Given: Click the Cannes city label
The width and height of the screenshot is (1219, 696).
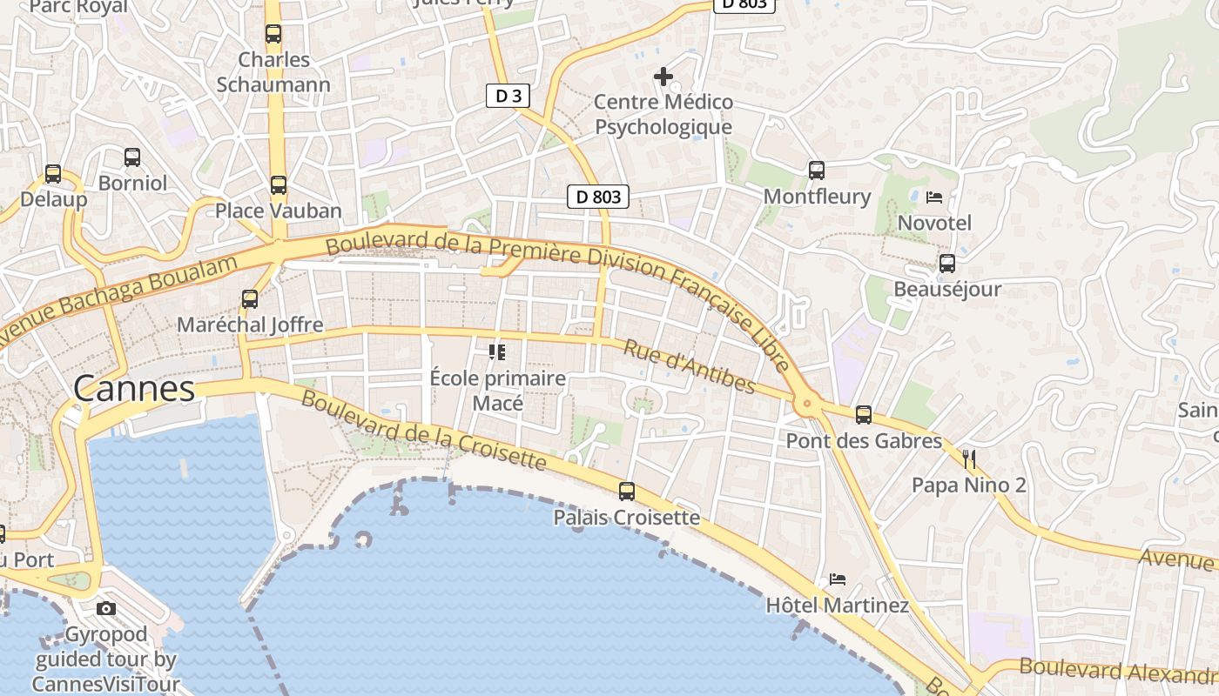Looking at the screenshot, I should (134, 388).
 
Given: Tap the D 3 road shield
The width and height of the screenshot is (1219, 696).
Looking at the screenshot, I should (508, 96).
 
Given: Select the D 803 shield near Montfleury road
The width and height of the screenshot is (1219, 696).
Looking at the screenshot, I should (599, 197).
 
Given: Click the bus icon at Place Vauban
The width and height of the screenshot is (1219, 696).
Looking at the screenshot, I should (279, 184).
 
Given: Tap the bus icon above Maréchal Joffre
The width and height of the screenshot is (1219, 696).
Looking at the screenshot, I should (250, 298).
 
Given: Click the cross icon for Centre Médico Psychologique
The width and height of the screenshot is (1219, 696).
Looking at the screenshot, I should (663, 77).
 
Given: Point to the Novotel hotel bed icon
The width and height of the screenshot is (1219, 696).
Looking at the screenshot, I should (934, 197).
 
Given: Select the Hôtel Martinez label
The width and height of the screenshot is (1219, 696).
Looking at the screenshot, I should (837, 605).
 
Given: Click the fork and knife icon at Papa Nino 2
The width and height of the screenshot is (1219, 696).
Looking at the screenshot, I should (969, 458).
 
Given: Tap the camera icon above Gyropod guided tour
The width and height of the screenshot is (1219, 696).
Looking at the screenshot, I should (106, 608).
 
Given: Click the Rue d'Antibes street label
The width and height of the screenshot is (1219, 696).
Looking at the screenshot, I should (689, 365).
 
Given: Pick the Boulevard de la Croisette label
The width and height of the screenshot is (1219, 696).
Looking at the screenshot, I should (424, 431).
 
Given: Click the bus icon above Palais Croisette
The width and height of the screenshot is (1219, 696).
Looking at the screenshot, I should (627, 491).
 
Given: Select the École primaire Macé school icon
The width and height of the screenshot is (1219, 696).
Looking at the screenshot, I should (497, 352).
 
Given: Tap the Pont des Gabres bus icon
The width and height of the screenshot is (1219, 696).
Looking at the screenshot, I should (864, 415).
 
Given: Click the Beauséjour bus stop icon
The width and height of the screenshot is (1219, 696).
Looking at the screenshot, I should (947, 263).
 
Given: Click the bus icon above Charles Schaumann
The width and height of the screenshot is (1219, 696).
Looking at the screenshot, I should (273, 34).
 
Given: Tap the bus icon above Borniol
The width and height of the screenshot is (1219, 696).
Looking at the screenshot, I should (132, 157).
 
